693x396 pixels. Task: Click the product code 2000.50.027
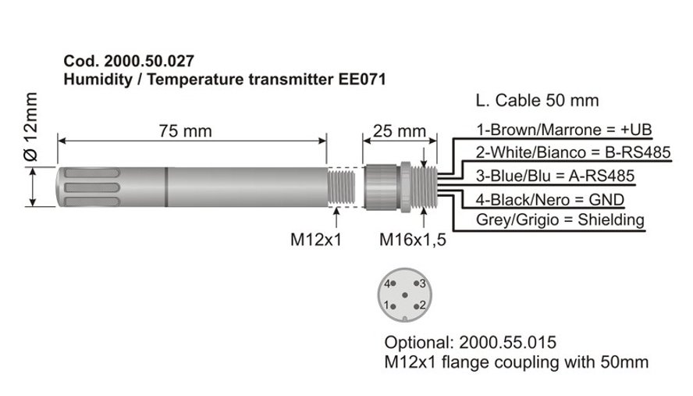149,61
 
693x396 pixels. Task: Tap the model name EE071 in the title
362,80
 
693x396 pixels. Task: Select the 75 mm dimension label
186,131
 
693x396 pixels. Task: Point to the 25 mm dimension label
399,131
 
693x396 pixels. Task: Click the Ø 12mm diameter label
31,127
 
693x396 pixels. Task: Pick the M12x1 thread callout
316,240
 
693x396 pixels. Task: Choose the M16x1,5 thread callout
413,240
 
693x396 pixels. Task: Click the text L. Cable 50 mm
538,101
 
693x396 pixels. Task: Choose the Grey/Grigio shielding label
560,219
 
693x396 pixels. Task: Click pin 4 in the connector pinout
393,284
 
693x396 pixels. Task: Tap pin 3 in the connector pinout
416,284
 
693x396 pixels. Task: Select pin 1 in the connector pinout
393,306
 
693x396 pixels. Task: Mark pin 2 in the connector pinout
416,306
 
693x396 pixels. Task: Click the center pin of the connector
405,295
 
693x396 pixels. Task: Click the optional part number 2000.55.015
508,342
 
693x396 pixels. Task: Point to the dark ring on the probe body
166,187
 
